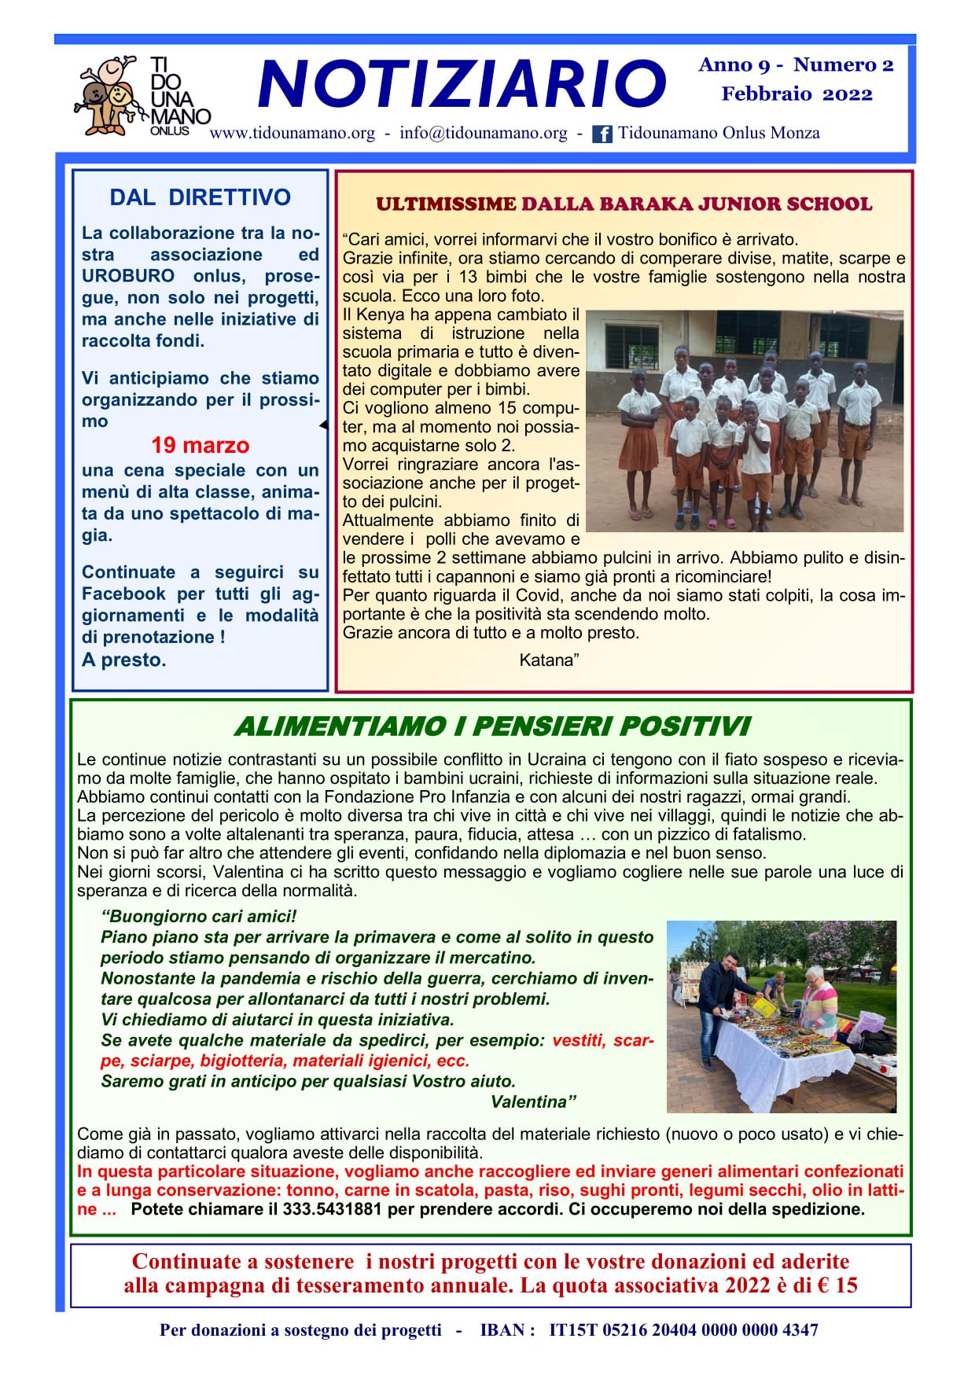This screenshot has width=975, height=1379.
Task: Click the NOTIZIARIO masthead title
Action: (x=462, y=85)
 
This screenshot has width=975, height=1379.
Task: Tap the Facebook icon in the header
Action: (x=602, y=134)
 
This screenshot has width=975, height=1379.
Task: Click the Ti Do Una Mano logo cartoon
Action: (x=107, y=94)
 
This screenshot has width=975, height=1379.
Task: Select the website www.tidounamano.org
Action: (x=292, y=133)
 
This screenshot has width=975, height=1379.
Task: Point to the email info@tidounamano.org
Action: (x=483, y=133)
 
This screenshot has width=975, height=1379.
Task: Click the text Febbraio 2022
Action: (x=797, y=94)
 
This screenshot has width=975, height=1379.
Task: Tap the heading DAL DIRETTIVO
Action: (x=200, y=197)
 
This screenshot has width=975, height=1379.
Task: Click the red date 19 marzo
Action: (x=200, y=446)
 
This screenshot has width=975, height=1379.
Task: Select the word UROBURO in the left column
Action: (x=128, y=277)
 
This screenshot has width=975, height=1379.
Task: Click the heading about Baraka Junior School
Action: (x=624, y=204)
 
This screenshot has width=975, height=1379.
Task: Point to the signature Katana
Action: (x=549, y=660)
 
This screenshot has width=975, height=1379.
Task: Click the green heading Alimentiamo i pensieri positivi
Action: (x=492, y=726)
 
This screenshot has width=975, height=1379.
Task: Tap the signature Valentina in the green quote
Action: (x=532, y=1102)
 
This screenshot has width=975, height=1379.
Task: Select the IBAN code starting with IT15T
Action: (x=683, y=1330)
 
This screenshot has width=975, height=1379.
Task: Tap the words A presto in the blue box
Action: (x=123, y=660)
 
